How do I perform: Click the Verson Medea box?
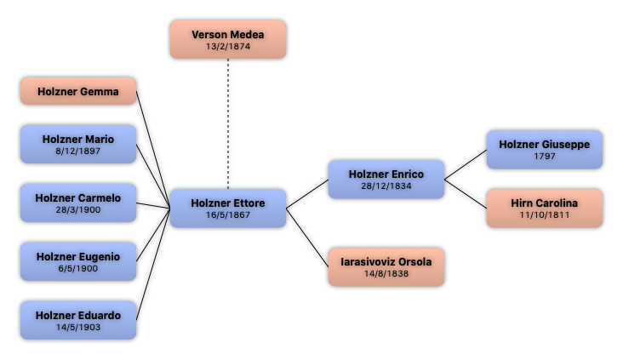click(227, 39)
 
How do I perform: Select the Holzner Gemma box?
click(78, 91)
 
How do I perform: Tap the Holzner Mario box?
click(78, 144)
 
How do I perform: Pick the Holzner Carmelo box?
click(78, 203)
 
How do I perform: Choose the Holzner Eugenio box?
click(78, 261)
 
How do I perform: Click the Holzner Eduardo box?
click(78, 320)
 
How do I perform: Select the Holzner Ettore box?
click(227, 208)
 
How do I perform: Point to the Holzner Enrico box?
click(386, 179)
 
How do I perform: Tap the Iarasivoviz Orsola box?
click(386, 266)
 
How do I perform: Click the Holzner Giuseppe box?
click(544, 150)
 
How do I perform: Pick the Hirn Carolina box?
click(544, 208)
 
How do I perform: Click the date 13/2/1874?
click(227, 46)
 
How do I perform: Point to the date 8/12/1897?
click(78, 151)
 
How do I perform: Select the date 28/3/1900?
click(78, 209)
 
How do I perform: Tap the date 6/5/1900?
click(78, 268)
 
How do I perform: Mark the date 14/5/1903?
click(78, 327)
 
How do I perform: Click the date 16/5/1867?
click(227, 214)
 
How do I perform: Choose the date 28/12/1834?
click(386, 186)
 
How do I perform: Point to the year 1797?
click(544, 157)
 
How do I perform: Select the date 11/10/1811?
click(544, 214)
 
